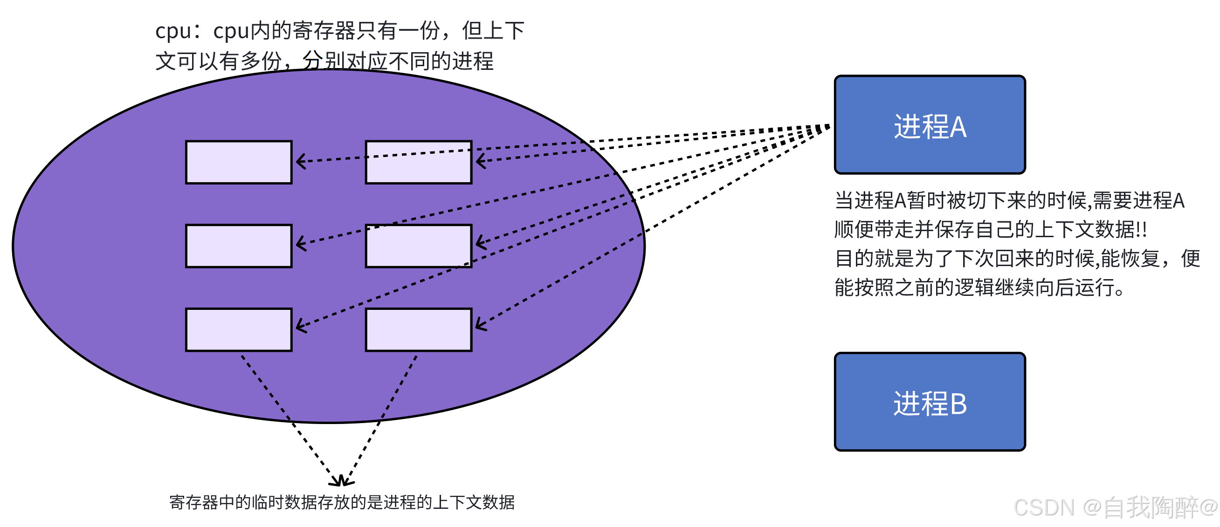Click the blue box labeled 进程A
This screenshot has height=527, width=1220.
click(x=929, y=124)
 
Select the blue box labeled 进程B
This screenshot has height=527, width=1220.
click(x=929, y=402)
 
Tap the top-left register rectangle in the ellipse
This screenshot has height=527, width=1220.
click(x=239, y=162)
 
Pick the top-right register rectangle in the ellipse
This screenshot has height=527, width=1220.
click(x=418, y=162)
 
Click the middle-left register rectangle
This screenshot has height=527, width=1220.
click(x=239, y=246)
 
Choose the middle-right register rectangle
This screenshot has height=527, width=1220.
click(x=418, y=246)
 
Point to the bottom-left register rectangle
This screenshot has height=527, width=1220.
click(x=239, y=329)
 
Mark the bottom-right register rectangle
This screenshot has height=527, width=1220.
click(x=418, y=329)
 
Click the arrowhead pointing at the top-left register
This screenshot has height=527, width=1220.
click(x=300, y=162)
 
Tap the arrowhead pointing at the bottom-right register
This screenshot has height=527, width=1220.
click(x=480, y=325)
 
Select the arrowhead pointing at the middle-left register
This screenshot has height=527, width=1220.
click(x=300, y=244)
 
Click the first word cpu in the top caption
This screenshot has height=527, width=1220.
click(x=173, y=31)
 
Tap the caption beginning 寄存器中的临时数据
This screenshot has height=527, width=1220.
click(x=341, y=502)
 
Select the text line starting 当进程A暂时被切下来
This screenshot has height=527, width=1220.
click(x=1009, y=201)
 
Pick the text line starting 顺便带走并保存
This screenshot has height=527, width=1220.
click(x=990, y=230)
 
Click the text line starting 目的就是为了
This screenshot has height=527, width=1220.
click(x=1016, y=259)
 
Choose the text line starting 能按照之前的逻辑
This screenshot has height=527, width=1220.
click(x=979, y=287)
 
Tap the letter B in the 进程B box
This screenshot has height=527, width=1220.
click(x=958, y=404)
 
